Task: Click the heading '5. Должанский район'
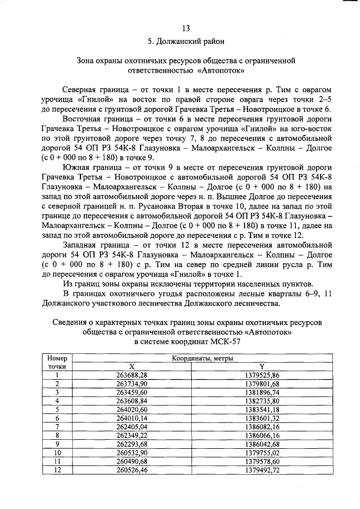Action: [186, 42]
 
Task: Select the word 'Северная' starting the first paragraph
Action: [82, 90]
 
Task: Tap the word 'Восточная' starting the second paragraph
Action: [84, 120]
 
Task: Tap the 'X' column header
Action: [132, 366]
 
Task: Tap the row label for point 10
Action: [57, 452]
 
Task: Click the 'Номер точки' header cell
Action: [57, 361]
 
